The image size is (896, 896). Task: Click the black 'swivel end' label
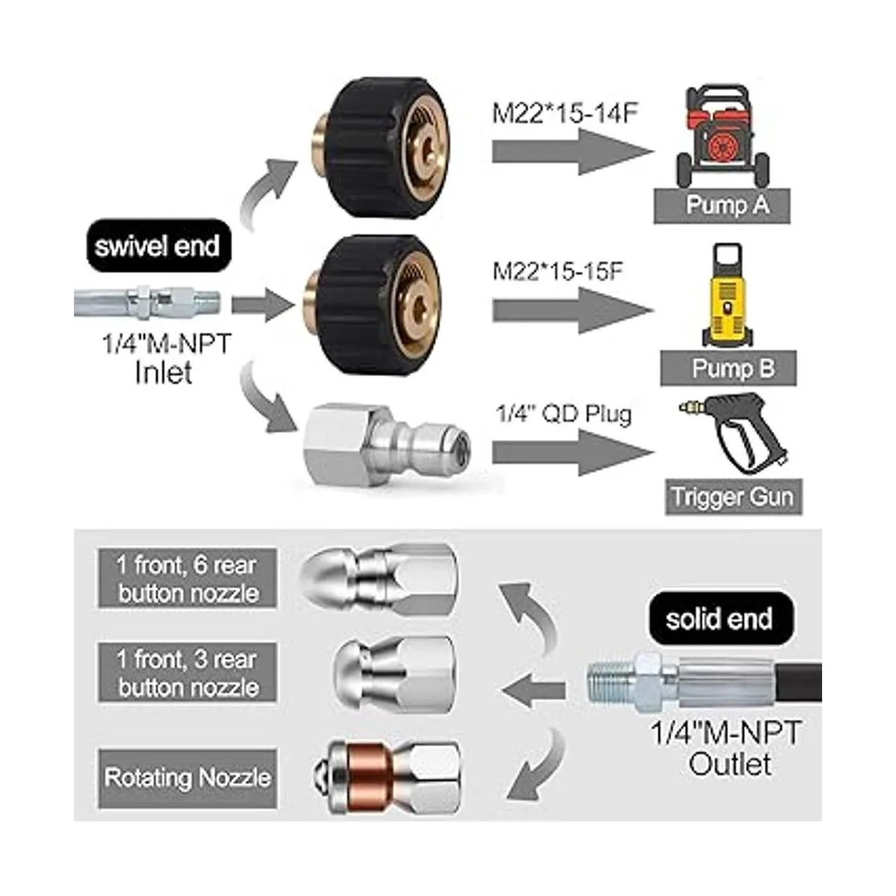point(157,246)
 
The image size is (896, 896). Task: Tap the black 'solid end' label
point(718,618)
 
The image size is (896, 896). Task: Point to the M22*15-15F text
point(557,270)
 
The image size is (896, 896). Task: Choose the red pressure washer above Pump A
point(722,142)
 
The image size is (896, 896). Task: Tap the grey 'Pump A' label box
point(722,205)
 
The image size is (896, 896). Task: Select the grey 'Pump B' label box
point(728,368)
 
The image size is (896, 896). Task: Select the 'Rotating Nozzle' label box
point(187,778)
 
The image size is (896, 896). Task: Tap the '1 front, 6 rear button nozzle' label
point(187,579)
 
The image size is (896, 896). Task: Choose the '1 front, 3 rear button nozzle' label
point(187,673)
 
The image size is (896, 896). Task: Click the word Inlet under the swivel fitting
point(164,372)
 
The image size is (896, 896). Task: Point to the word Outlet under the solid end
point(729,764)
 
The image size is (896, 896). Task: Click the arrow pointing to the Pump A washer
point(571,151)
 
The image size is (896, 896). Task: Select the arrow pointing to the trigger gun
point(571,453)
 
